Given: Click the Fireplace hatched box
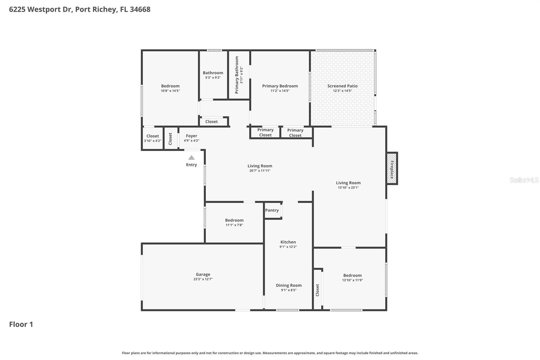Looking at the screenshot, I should [391, 169].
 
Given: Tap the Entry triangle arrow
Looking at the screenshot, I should [191, 158].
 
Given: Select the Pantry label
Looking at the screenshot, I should [272, 210].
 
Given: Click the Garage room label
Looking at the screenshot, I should [203, 275].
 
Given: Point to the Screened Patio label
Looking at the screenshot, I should [342, 86].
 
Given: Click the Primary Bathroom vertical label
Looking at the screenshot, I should [237, 75].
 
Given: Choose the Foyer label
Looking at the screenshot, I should [191, 136].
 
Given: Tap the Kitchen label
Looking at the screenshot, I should [288, 242].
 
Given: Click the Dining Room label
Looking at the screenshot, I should [289, 285].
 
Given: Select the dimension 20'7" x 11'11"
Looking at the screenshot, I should [260, 171].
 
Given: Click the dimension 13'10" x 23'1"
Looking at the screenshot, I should [348, 188].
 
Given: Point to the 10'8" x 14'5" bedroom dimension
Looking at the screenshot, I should [170, 91].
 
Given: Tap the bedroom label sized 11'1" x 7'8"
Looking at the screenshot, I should [234, 220].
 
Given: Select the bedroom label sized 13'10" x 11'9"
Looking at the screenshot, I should [352, 276].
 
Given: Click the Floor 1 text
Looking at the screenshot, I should [21, 324].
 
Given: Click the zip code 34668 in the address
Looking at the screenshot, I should [140, 9].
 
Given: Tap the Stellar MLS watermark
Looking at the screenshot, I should [524, 180].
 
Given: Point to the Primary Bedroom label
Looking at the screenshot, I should [280, 86].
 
